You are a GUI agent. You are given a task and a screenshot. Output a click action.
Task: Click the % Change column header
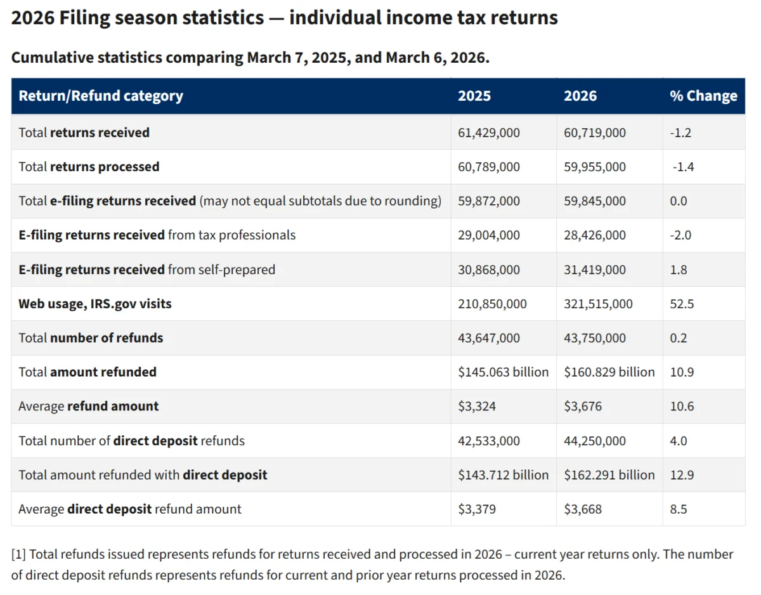[x=703, y=96]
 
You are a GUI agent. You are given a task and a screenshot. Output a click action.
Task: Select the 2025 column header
[x=474, y=96]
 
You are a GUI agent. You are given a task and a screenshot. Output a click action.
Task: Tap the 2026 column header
[x=580, y=96]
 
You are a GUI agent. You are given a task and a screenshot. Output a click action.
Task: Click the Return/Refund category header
[x=101, y=96]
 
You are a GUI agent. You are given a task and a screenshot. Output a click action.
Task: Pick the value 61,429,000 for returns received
[x=489, y=133]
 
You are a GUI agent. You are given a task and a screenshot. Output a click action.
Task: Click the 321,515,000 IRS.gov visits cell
[x=598, y=304]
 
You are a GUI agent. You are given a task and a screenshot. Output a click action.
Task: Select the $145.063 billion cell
[x=503, y=372]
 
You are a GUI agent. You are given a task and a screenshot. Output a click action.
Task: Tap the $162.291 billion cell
[x=609, y=475]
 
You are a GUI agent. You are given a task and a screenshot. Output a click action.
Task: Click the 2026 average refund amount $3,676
[x=582, y=407]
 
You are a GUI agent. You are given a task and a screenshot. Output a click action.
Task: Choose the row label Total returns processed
[x=89, y=167]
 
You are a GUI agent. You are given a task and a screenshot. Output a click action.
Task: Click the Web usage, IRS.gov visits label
[x=95, y=304]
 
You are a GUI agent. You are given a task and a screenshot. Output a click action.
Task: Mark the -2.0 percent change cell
[x=680, y=235]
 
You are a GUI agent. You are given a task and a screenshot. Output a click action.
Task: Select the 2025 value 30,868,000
[x=489, y=270]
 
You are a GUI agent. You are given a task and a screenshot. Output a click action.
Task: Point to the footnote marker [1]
[x=18, y=554]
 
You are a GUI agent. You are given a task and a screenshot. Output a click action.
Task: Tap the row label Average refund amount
[x=89, y=407]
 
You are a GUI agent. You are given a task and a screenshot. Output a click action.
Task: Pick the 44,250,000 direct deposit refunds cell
[x=595, y=441]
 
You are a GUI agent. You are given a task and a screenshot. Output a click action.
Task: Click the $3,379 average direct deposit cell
[x=476, y=509]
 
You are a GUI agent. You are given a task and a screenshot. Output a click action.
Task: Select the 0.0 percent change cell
[x=679, y=201]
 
